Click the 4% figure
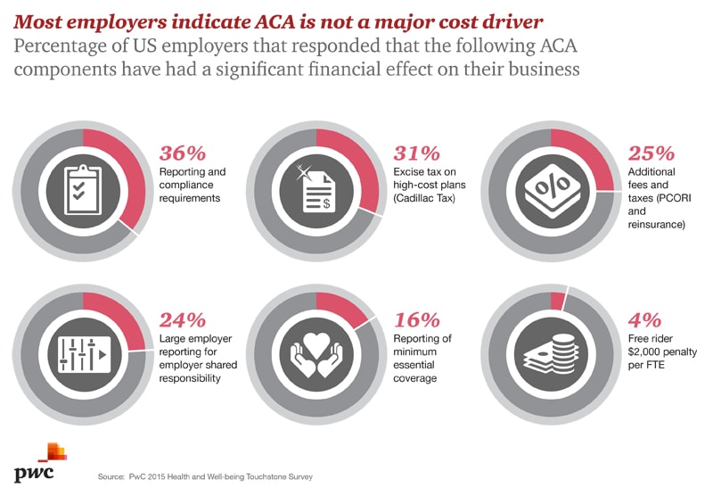point(644,319)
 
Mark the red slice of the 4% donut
point(558,302)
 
